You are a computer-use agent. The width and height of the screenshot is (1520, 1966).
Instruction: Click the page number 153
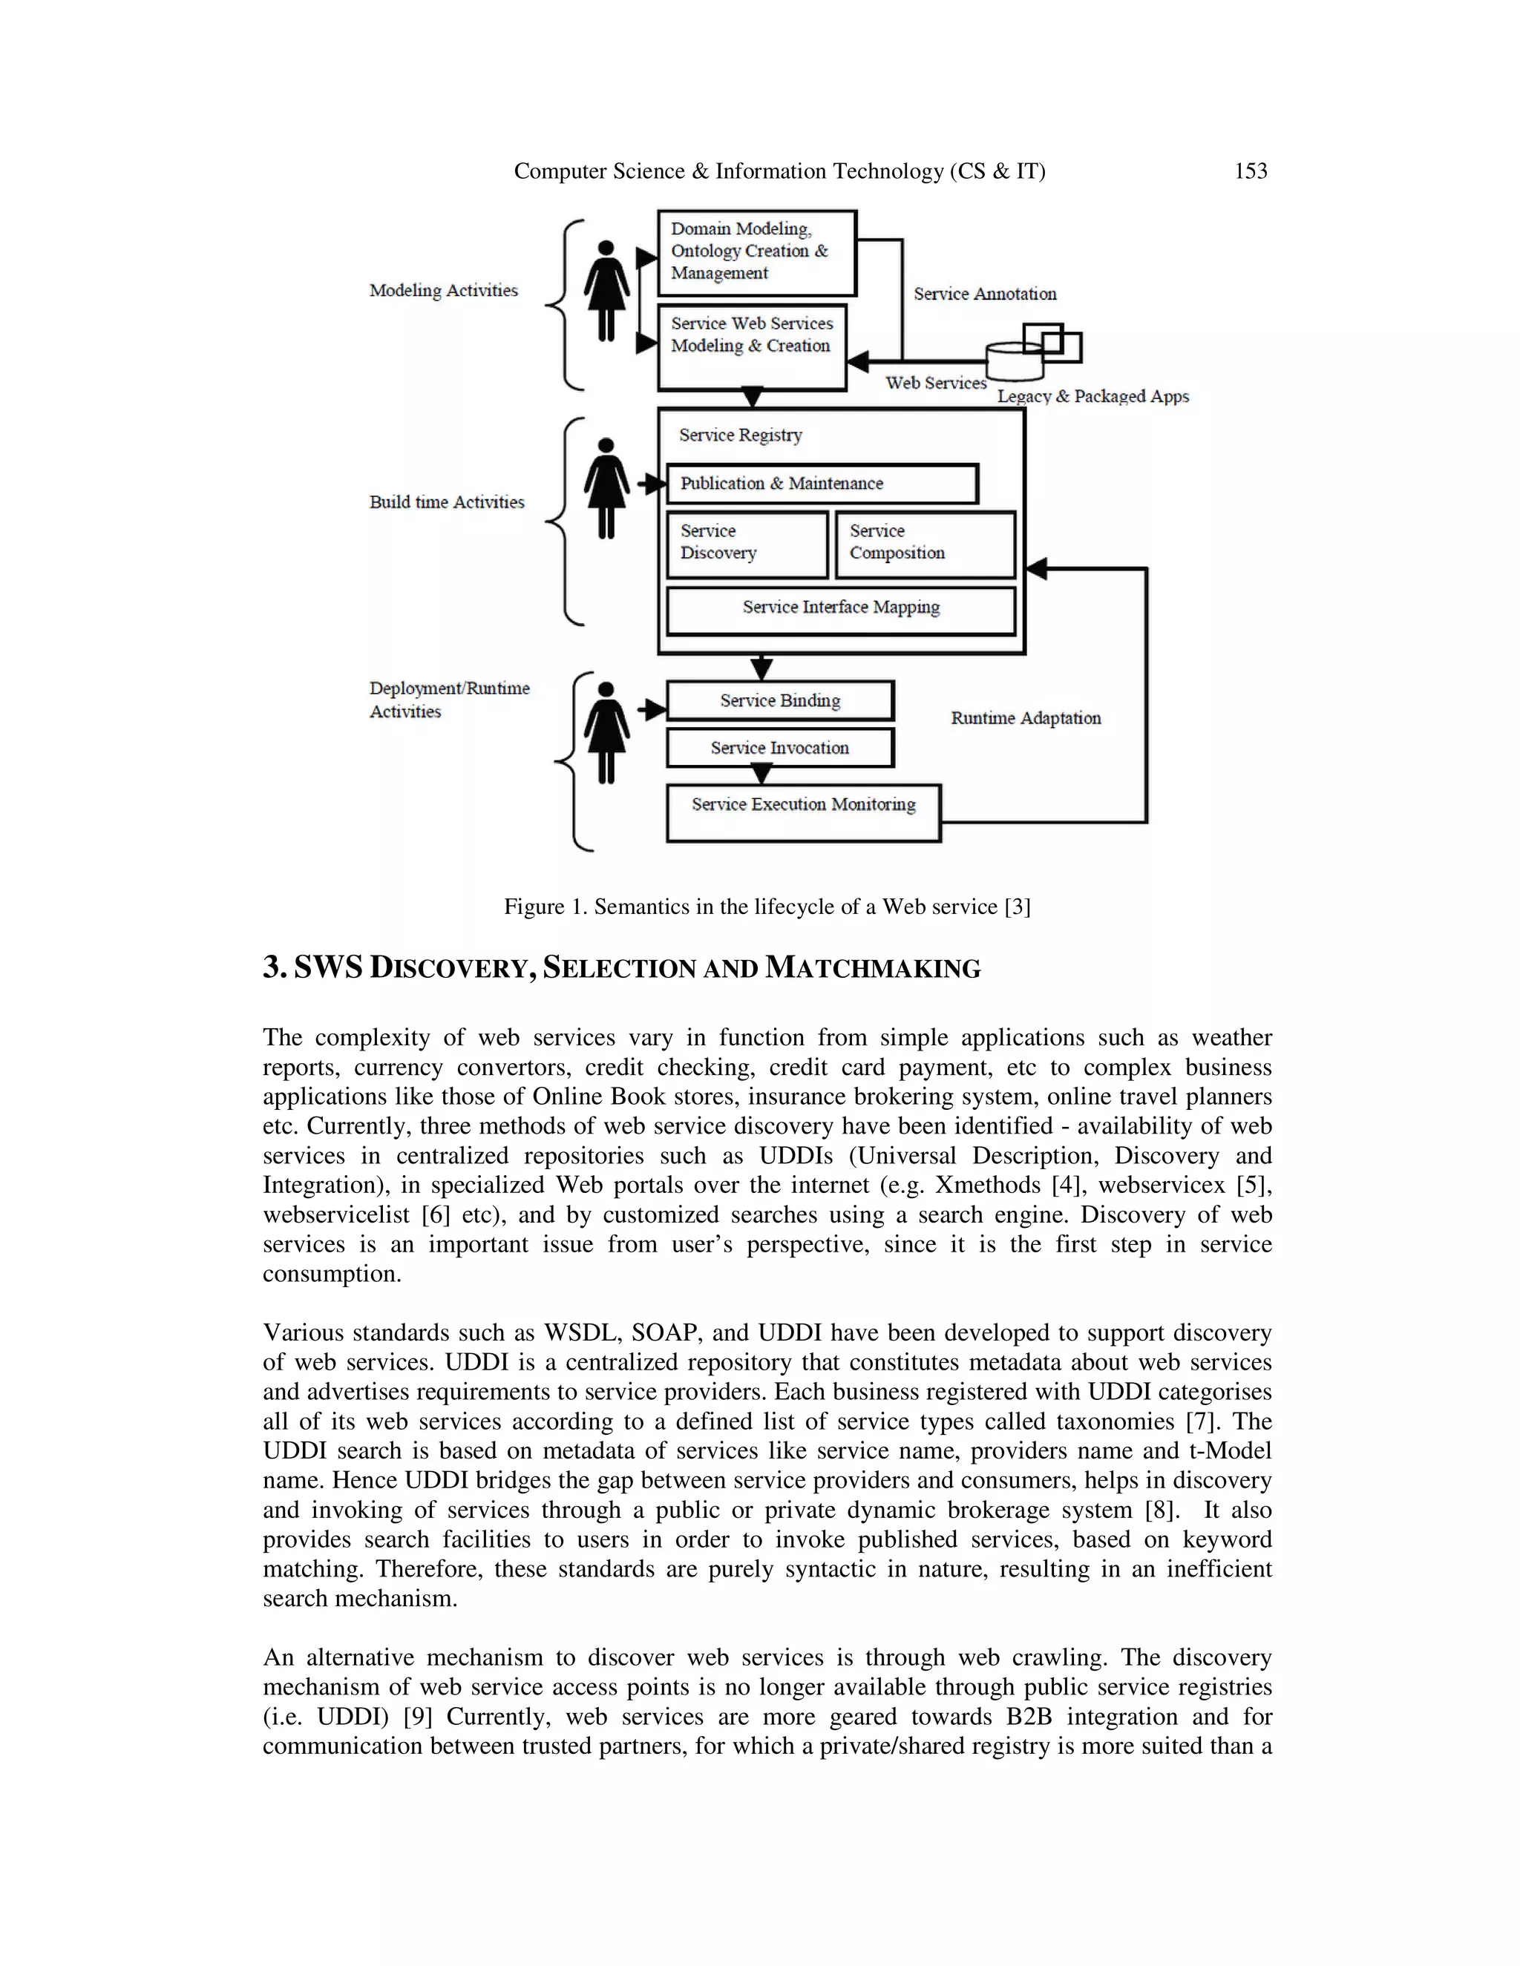coord(1250,171)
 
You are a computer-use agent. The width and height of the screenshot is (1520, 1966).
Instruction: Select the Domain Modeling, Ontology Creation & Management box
coord(756,253)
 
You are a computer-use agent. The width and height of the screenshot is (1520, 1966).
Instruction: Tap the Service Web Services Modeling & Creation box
coord(752,347)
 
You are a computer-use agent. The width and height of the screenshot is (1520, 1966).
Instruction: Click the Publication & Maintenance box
coord(822,484)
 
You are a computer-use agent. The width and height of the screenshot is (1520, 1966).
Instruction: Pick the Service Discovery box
coord(747,544)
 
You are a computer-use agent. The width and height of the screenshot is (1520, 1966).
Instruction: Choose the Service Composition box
coord(925,544)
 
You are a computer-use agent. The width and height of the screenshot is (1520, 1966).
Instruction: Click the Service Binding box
coord(780,700)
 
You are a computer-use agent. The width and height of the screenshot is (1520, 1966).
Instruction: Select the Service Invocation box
coord(780,748)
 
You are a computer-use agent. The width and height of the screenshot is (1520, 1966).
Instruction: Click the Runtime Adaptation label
coord(1026,718)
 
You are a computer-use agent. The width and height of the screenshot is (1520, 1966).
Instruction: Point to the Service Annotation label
coord(984,295)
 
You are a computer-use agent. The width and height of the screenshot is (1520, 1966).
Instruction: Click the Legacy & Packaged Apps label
coord(1092,397)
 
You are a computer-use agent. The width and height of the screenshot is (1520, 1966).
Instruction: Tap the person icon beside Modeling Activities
coord(606,290)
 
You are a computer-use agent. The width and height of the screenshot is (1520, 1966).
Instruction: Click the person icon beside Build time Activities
coord(606,488)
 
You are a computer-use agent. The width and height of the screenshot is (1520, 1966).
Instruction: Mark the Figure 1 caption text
coord(766,907)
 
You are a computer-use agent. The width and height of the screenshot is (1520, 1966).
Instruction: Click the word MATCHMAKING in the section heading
coord(873,969)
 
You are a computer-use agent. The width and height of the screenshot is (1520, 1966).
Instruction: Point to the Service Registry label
coord(740,435)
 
